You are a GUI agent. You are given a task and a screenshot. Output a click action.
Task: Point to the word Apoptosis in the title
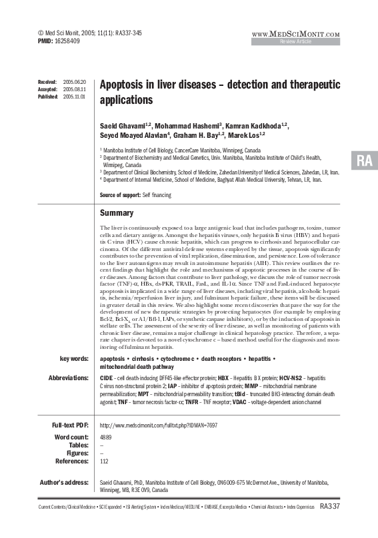(x=125, y=86)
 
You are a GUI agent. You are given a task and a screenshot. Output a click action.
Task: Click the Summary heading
(x=117, y=213)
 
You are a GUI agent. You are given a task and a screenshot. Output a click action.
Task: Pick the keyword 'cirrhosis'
(x=152, y=358)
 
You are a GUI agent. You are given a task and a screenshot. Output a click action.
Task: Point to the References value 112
(x=104, y=461)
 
